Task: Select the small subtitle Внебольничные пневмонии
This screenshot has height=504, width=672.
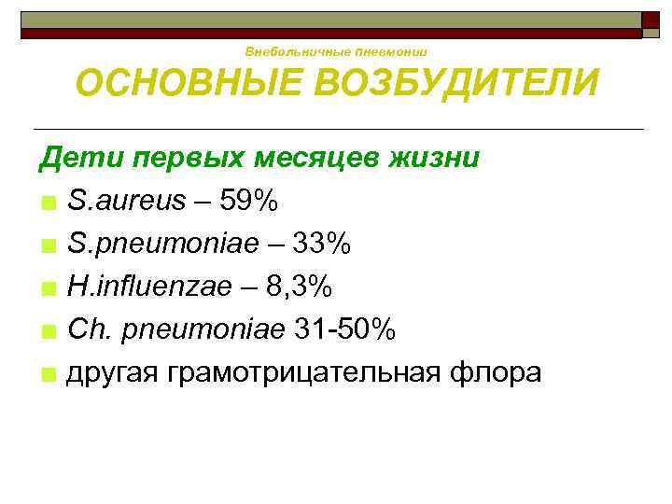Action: (336, 51)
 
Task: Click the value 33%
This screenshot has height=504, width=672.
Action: (321, 244)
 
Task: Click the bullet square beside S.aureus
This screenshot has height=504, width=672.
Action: (48, 203)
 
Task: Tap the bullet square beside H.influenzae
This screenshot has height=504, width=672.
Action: (48, 288)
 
